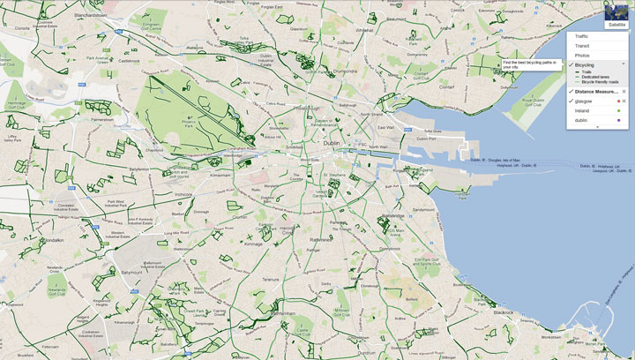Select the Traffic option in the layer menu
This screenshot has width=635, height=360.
pyautogui.click(x=583, y=35)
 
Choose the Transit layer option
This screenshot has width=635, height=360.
pyautogui.click(x=582, y=45)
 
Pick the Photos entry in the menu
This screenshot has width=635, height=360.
pyautogui.click(x=582, y=55)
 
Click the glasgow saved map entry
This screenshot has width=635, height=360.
pyautogui.click(x=586, y=101)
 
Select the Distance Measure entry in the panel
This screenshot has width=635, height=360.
pyautogui.click(x=595, y=91)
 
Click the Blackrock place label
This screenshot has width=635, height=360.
pyautogui.click(x=504, y=312)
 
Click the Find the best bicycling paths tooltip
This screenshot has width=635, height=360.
pyautogui.click(x=531, y=66)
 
